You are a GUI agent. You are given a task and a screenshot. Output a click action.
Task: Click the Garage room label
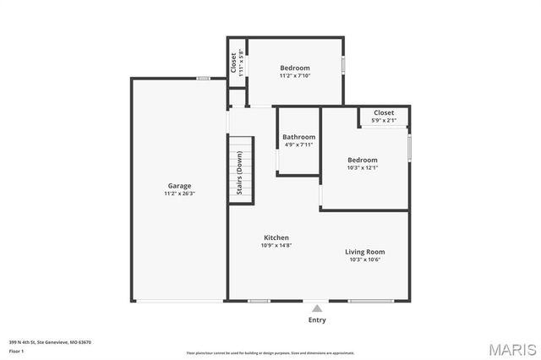coord(178,186)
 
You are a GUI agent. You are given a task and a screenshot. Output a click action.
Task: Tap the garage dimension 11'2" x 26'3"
coord(178,194)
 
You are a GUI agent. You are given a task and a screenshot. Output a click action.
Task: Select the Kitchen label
coord(276,237)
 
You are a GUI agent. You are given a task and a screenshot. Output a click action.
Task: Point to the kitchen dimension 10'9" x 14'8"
coord(276,246)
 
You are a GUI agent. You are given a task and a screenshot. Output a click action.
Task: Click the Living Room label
coord(364,252)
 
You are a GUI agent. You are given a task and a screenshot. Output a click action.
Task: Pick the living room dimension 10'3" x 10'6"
coord(364,259)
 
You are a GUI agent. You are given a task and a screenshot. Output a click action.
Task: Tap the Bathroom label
coord(298,137)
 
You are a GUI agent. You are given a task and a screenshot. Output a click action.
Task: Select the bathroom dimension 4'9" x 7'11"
coord(298,145)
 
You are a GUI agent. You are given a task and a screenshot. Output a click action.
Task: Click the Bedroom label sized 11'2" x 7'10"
coord(295,68)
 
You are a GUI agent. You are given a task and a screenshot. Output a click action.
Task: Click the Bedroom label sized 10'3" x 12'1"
coord(362,160)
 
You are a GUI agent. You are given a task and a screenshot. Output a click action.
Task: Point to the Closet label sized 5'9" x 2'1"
coord(384,112)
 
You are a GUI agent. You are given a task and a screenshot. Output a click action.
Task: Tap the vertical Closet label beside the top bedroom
coord(233,63)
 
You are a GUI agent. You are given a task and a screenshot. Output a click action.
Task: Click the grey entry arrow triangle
coord(316,308)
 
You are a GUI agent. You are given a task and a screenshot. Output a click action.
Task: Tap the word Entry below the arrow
coord(316,320)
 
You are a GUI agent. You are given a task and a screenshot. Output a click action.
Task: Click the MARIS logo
coord(512,349)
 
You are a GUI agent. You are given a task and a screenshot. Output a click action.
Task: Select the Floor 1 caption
coord(17,351)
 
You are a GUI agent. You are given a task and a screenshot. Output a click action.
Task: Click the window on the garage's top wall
coord(203,79)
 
